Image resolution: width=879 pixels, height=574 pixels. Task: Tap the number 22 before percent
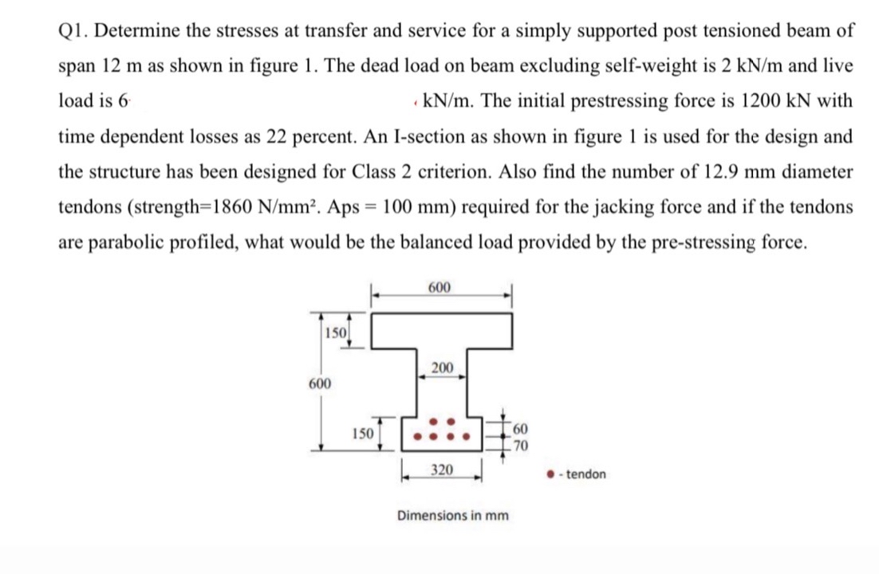click(242, 136)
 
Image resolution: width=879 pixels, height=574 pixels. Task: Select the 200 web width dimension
click(443, 368)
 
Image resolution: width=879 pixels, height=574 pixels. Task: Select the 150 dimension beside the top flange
click(336, 332)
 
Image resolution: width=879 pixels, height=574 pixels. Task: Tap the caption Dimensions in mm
click(453, 515)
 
